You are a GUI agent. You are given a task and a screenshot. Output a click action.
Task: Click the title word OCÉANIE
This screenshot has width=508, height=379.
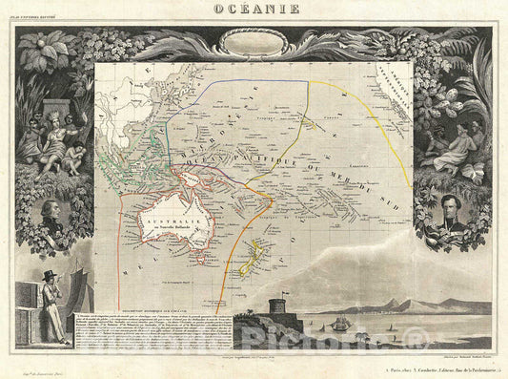pos(253,11)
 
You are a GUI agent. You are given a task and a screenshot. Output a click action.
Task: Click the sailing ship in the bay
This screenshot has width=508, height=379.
pos(339,324)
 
